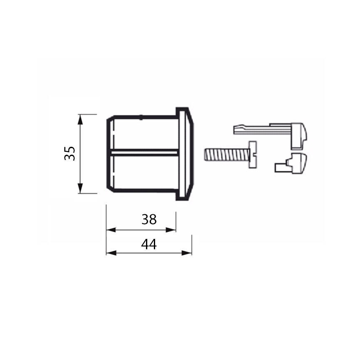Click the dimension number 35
70,153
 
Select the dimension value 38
149,219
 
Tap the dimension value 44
149,245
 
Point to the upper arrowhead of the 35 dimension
80,118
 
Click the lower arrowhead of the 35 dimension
80,189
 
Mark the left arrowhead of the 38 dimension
110,230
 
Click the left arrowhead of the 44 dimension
110,253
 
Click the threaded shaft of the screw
226,155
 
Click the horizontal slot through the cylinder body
145,152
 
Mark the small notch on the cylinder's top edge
141,117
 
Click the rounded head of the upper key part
299,134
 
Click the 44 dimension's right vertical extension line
192,245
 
